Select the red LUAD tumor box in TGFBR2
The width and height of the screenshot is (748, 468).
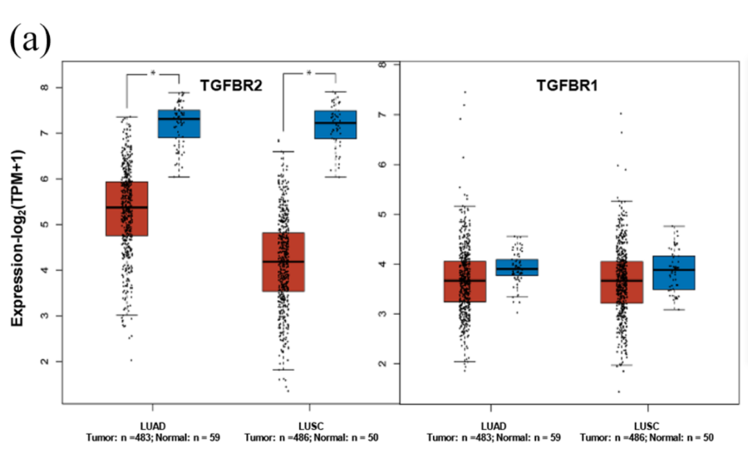(126, 209)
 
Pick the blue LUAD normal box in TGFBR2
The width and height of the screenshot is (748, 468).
(179, 123)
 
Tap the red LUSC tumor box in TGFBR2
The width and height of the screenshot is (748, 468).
(283, 262)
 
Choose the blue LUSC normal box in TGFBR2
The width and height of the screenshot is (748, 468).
(335, 124)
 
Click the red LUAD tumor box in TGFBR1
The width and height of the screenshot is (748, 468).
(465, 281)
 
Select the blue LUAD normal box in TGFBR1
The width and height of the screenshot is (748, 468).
(517, 268)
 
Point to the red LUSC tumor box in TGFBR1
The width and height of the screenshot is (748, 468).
(621, 282)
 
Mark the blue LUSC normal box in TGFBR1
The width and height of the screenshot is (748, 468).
(674, 272)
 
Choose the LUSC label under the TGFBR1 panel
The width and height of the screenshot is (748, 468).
(647, 426)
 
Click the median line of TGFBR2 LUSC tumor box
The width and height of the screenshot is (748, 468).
(283, 261)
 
